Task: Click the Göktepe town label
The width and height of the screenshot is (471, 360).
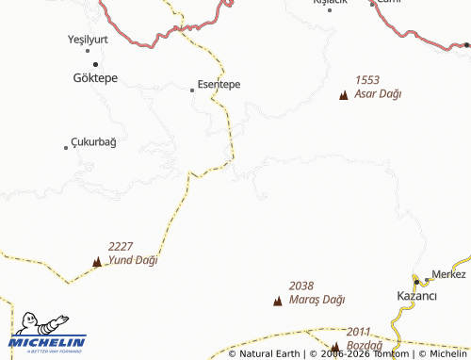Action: (x=95, y=78)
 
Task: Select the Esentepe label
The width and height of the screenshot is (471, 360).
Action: (x=219, y=84)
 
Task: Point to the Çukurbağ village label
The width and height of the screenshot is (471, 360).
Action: (x=94, y=142)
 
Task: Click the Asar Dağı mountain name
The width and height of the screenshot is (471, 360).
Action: (x=378, y=94)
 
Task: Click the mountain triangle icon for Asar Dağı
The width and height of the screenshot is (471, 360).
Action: (x=343, y=95)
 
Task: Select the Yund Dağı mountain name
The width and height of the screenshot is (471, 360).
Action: (x=133, y=259)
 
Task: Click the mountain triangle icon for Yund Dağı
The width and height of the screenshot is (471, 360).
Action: (x=97, y=261)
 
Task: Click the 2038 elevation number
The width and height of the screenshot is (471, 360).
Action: (x=301, y=286)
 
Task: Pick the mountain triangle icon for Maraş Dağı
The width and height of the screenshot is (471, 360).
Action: (x=277, y=302)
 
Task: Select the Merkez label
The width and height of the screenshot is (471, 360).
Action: (x=448, y=275)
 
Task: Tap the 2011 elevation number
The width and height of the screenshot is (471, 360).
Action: (x=359, y=333)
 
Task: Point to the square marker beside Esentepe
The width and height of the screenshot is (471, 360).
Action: (x=192, y=90)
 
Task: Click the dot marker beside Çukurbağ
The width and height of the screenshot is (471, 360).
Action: (x=66, y=147)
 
